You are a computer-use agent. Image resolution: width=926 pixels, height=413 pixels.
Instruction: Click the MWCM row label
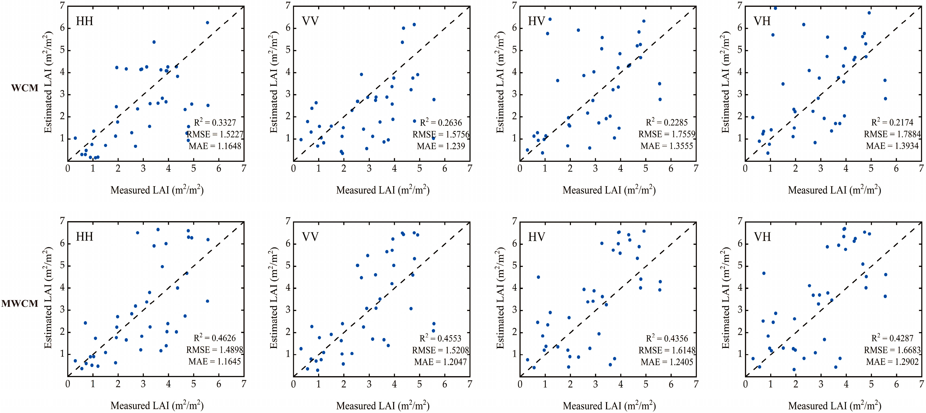click(20, 304)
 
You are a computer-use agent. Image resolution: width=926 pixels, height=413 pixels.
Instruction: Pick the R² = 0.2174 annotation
click(892, 123)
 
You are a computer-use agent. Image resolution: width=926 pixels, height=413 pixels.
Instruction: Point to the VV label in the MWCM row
click(310, 237)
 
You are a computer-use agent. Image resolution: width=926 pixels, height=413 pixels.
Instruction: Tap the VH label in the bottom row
click(762, 237)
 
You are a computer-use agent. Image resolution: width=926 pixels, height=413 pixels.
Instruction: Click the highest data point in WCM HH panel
click(207, 23)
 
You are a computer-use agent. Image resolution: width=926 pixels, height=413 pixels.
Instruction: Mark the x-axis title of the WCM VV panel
click(383, 190)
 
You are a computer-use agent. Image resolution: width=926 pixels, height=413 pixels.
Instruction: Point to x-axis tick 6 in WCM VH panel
click(896, 168)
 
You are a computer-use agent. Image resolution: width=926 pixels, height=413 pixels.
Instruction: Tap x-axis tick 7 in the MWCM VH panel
click(921, 384)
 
